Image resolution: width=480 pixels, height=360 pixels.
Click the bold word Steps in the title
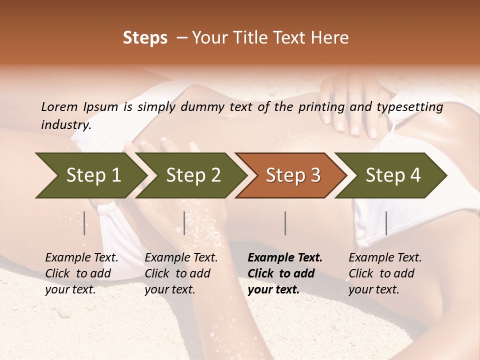tap(145, 38)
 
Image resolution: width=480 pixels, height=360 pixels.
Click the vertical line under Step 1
tap(84, 223)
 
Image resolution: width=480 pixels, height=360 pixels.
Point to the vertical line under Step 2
tap(184, 223)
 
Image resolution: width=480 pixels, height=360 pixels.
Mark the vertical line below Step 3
tap(285, 223)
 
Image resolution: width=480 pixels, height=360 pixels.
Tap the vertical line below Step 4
tap(386, 223)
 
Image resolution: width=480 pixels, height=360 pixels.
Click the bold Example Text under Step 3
tap(285, 273)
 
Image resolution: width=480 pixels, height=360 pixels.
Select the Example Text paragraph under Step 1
tap(81, 273)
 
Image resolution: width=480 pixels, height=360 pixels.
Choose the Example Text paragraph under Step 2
tap(181, 273)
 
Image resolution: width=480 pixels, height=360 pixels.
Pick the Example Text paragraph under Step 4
tap(385, 273)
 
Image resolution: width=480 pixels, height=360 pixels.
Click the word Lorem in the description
tap(59, 107)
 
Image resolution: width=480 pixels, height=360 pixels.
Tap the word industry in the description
tap(66, 125)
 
